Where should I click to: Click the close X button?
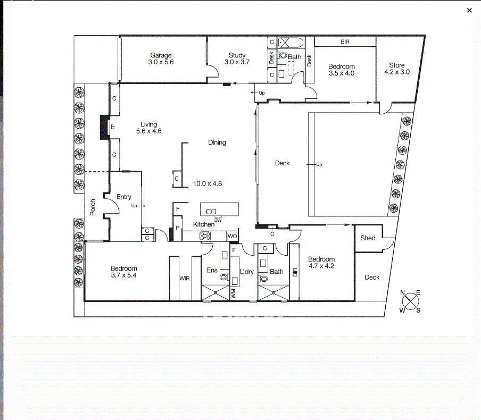coord(469,11)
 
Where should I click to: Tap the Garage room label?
coord(161,55)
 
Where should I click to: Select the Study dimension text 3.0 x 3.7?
coord(237,62)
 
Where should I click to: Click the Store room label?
coord(396,65)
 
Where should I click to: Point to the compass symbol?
coord(410,301)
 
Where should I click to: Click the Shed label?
coord(368,238)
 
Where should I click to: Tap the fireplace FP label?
coord(113,127)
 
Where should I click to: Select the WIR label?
coord(184,279)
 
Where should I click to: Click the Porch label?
coord(93,207)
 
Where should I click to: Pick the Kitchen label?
coord(204,224)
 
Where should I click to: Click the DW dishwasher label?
coord(218,220)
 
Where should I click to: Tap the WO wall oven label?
coord(232,236)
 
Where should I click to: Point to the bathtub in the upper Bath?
coord(291,43)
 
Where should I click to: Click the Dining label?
coord(217,142)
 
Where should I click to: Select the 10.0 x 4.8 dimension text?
coord(208,183)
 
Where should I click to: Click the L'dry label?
coord(247,272)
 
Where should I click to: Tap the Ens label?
coord(212,270)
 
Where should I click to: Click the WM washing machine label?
coord(234,293)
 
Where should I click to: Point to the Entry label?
coord(124,197)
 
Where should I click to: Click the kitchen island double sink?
coord(211,212)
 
